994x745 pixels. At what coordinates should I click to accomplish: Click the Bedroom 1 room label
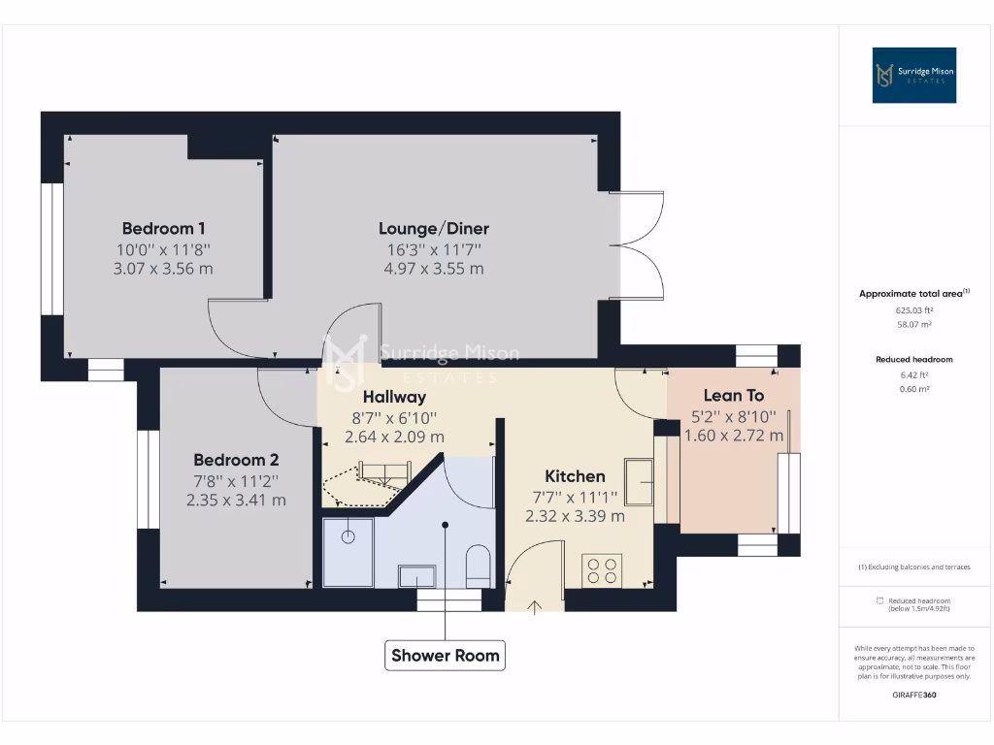163,229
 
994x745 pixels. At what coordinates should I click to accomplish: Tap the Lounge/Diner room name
433,229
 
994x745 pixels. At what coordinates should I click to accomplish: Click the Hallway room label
394,397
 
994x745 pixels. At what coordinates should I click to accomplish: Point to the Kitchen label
575,476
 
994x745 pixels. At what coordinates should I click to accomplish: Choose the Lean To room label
733,396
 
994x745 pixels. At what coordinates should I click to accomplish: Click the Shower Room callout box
446,656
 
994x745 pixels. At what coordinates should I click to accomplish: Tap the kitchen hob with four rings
602,569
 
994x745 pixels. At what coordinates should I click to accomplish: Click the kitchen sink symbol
639,482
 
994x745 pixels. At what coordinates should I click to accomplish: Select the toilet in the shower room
478,565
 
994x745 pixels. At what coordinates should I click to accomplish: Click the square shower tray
348,551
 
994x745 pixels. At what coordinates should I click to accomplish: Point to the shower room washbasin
417,575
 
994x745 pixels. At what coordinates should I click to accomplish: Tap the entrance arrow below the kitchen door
535,607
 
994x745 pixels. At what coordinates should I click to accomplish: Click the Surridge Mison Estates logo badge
913,76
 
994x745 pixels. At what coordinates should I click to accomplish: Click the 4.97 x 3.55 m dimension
433,269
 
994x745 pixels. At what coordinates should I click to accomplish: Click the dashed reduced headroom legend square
879,600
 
